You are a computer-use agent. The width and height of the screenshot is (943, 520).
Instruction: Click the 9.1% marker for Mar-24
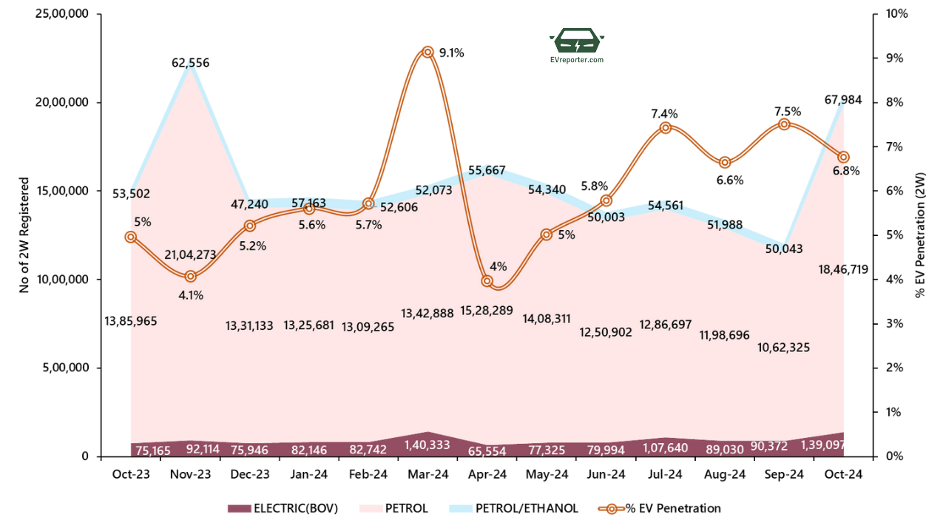tap(427, 52)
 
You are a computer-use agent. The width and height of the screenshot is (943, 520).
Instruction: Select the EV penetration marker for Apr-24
tap(487, 281)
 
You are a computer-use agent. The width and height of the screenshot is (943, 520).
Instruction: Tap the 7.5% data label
tap(788, 111)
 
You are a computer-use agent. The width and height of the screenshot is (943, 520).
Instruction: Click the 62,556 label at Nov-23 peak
tap(191, 63)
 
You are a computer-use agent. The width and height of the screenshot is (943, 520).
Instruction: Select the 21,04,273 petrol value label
tap(191, 255)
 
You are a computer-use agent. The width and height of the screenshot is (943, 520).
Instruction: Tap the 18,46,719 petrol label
tap(843, 269)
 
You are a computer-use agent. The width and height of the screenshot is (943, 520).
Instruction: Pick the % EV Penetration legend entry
tap(661, 508)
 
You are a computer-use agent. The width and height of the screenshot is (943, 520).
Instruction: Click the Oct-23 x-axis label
tap(130, 473)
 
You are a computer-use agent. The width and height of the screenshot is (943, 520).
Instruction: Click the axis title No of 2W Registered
tap(24, 235)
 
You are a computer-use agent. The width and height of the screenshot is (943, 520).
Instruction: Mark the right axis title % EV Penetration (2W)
tap(920, 235)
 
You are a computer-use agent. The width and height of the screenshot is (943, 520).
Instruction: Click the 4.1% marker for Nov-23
tap(190, 276)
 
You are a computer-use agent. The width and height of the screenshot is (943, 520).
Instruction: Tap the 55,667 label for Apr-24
tap(487, 171)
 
